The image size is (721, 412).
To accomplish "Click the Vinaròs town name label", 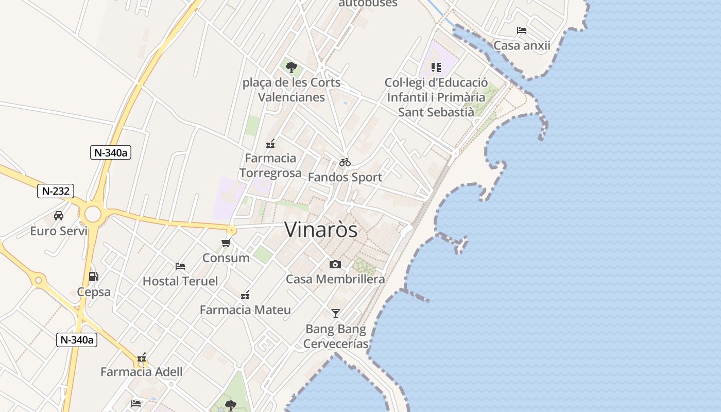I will pyautogui.click(x=321, y=230).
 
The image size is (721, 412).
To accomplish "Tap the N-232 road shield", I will pyautogui.click(x=56, y=191).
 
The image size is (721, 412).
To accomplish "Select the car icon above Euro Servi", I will pyautogui.click(x=59, y=215).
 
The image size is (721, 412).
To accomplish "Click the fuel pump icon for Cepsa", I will pyautogui.click(x=93, y=277).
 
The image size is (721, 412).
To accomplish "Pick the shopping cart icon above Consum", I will pyautogui.click(x=226, y=243).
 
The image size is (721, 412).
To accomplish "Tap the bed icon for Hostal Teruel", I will pyautogui.click(x=180, y=266).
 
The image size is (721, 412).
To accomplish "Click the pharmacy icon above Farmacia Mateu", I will pyautogui.click(x=245, y=295).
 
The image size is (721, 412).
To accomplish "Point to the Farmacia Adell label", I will pyautogui.click(x=142, y=372).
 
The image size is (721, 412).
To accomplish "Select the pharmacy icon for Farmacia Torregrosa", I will pyautogui.click(x=270, y=144).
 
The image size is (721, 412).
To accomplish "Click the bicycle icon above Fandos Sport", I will pyautogui.click(x=345, y=162).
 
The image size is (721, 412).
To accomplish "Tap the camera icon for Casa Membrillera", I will pyautogui.click(x=335, y=264).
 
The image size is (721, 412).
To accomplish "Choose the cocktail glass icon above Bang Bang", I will pyautogui.click(x=336, y=313).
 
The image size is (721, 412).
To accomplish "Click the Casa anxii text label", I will pyautogui.click(x=522, y=45).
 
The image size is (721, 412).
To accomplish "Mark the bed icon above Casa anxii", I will pyautogui.click(x=522, y=30).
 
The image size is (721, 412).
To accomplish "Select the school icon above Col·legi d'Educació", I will pyautogui.click(x=436, y=67).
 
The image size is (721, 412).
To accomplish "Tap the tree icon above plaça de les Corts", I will pyautogui.click(x=291, y=67).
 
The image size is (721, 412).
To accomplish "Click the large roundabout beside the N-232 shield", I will pyautogui.click(x=93, y=214).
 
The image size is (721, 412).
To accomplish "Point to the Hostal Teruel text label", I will pyautogui.click(x=180, y=281).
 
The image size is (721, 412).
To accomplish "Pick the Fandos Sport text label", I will pyautogui.click(x=345, y=177).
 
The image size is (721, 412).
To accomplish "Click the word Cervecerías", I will pyautogui.click(x=336, y=344).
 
